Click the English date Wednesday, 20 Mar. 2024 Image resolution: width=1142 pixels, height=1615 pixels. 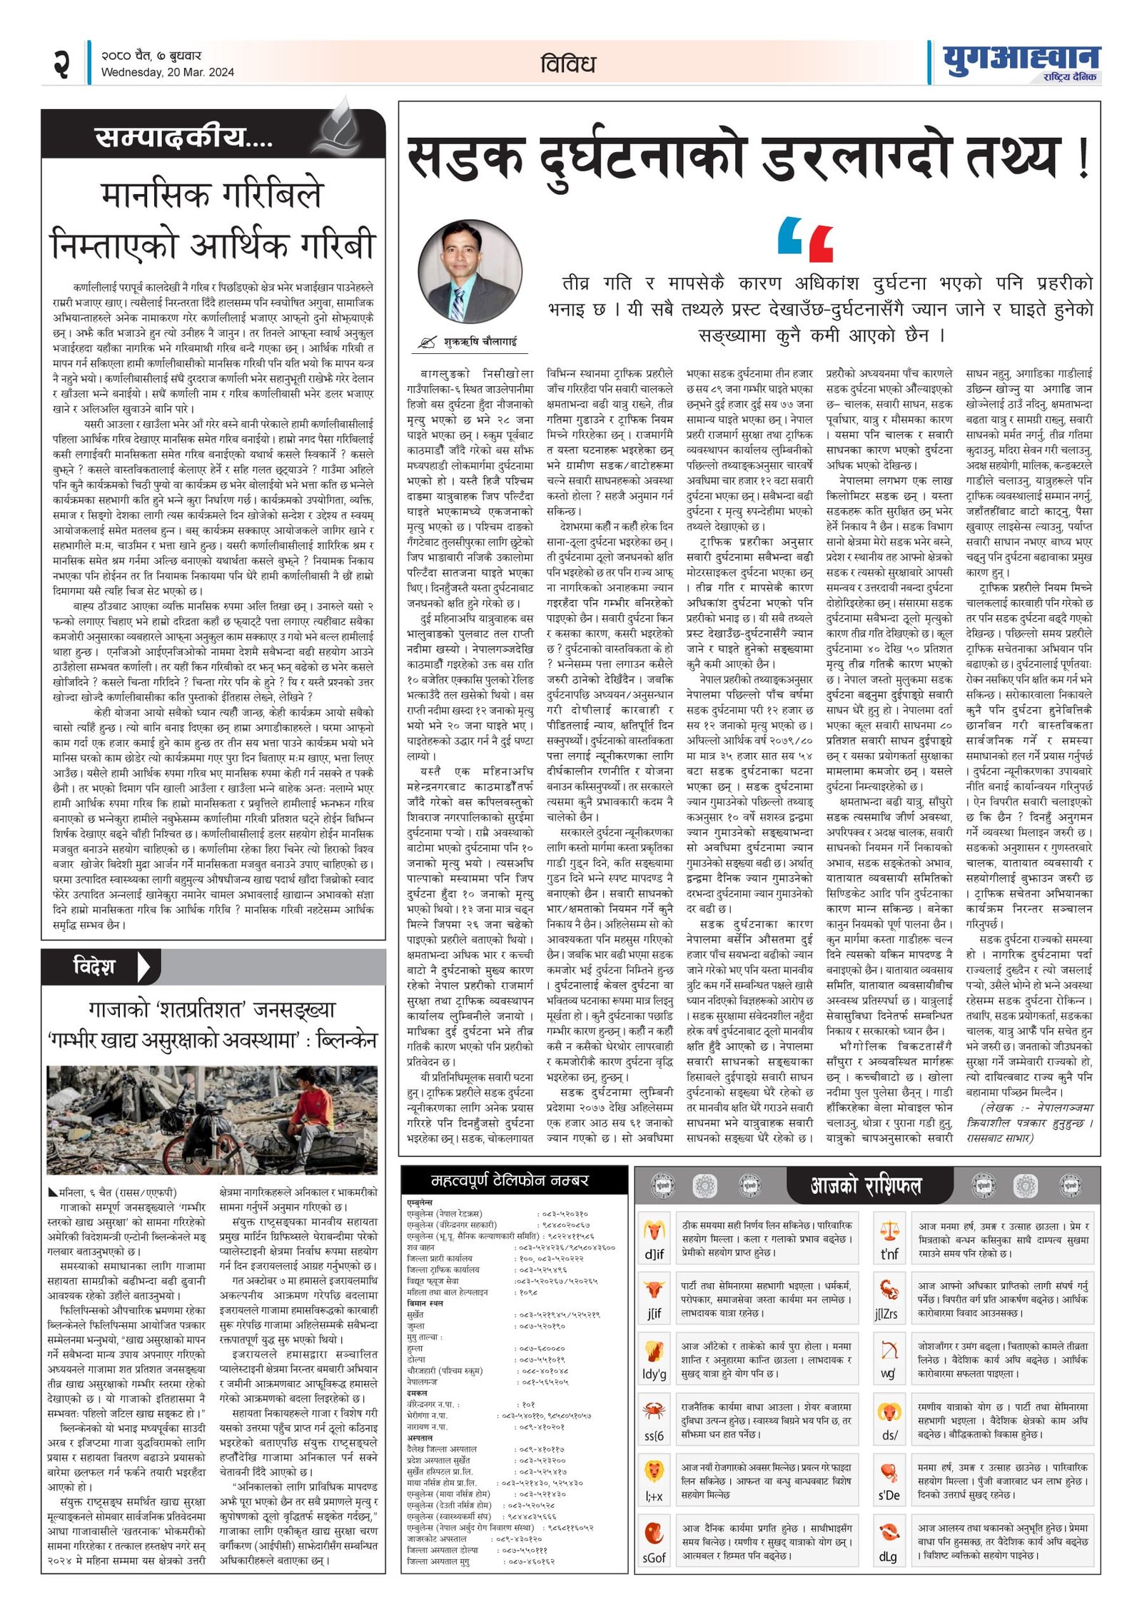(x=167, y=72)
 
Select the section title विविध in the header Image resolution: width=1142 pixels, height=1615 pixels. (x=567, y=64)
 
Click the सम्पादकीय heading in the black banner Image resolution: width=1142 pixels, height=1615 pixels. (x=183, y=136)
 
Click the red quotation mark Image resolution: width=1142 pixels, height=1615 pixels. (x=820, y=243)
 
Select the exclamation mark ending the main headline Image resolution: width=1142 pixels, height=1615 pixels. (x=1083, y=161)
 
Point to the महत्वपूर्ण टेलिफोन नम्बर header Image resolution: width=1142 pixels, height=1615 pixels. (x=510, y=1180)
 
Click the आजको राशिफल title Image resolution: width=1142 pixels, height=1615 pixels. (x=866, y=1185)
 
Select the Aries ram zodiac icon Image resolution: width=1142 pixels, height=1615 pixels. (x=654, y=1230)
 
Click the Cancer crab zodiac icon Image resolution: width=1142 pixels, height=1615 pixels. (x=654, y=1411)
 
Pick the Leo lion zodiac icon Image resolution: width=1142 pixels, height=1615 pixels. (x=654, y=1471)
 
